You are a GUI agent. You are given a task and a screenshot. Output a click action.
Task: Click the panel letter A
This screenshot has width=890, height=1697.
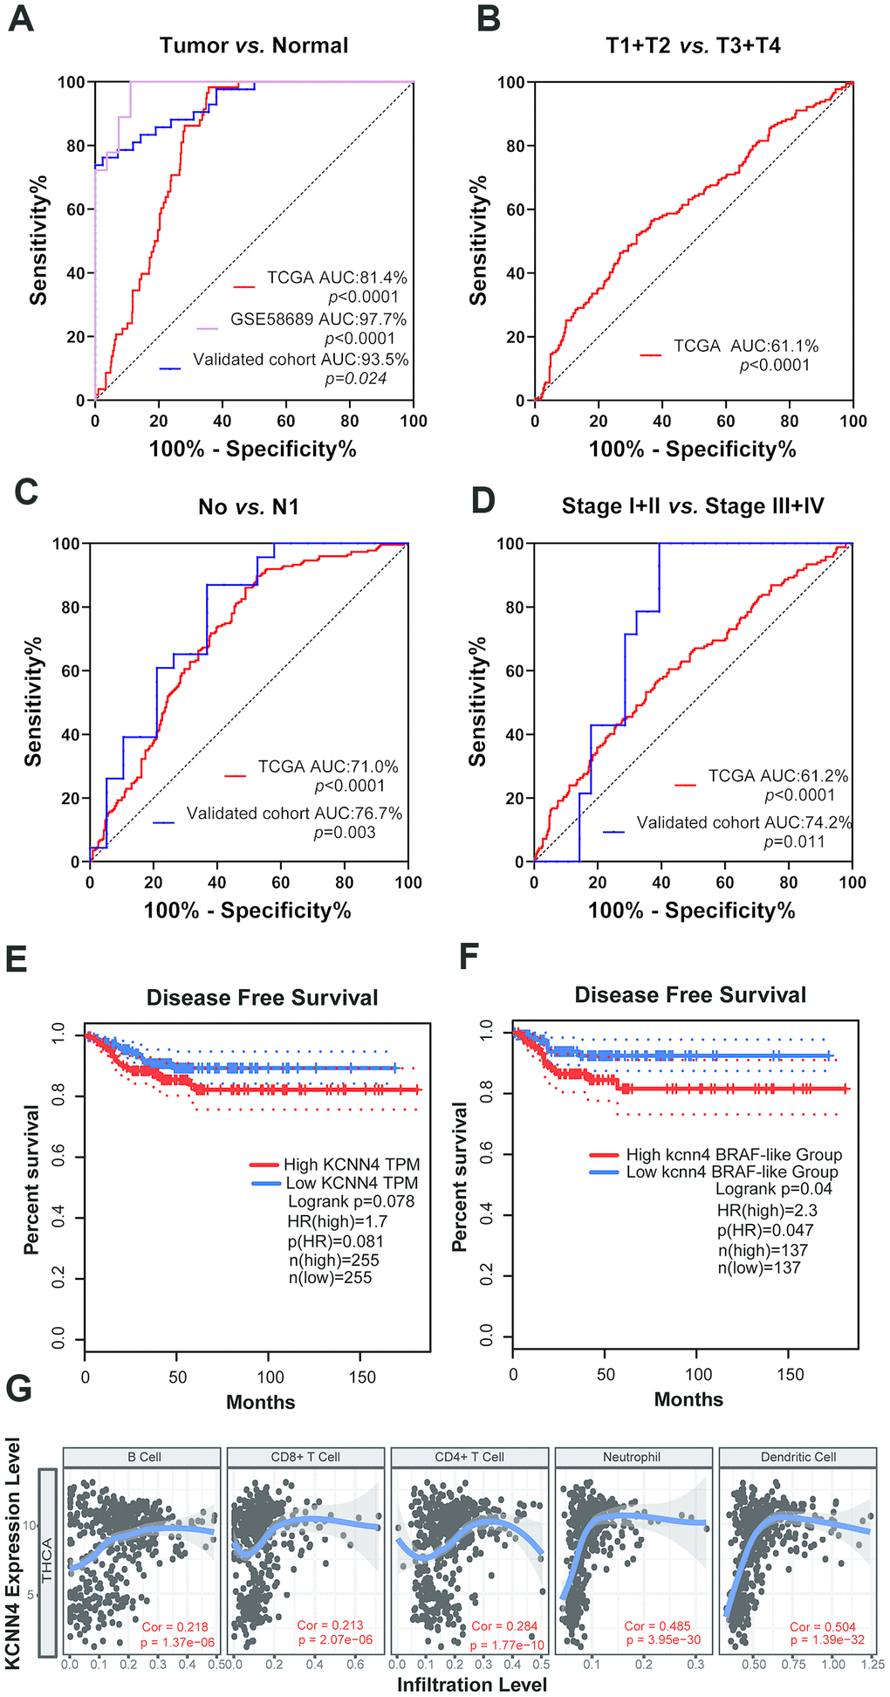click(21, 18)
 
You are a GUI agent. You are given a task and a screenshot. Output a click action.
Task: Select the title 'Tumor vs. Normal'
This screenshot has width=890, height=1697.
click(254, 45)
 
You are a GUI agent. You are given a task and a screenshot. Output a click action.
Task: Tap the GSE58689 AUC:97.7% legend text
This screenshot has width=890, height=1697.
click(318, 319)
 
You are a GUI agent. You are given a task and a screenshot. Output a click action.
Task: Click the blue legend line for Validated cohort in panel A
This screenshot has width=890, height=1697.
click(170, 369)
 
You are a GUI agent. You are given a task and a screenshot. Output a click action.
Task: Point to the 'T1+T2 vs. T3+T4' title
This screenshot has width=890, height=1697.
click(694, 45)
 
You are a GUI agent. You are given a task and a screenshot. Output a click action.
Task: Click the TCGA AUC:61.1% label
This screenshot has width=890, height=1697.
click(746, 347)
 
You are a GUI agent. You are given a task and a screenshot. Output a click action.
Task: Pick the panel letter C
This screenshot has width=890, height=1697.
click(25, 492)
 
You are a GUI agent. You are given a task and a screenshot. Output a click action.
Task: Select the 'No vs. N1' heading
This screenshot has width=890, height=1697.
click(249, 507)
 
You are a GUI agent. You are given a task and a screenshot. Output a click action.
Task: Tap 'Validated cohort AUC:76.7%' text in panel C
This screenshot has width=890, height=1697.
click(294, 814)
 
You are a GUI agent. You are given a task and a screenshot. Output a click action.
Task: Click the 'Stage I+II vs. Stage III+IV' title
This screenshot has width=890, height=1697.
click(693, 506)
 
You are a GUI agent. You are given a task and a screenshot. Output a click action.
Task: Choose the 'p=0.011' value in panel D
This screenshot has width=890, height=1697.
click(794, 842)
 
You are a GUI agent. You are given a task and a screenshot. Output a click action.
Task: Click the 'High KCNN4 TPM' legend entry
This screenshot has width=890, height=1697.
click(351, 1165)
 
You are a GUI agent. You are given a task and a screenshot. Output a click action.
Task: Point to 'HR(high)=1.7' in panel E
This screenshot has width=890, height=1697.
click(338, 1221)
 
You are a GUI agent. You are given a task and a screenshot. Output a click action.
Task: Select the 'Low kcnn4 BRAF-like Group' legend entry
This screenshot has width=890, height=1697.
click(731, 1171)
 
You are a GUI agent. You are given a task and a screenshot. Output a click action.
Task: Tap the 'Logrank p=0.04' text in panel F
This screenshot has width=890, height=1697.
click(773, 1189)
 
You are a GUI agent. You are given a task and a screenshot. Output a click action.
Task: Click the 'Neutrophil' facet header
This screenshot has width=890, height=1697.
click(632, 1457)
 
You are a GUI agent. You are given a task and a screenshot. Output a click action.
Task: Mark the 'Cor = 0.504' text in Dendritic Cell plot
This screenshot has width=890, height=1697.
click(823, 1626)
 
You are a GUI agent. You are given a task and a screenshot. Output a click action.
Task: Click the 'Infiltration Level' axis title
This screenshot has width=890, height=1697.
click(472, 1684)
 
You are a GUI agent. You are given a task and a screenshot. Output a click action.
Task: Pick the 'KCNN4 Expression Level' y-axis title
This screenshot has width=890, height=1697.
click(14, 1553)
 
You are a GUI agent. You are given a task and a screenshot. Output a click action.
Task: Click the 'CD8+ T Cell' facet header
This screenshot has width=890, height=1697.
click(305, 1457)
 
